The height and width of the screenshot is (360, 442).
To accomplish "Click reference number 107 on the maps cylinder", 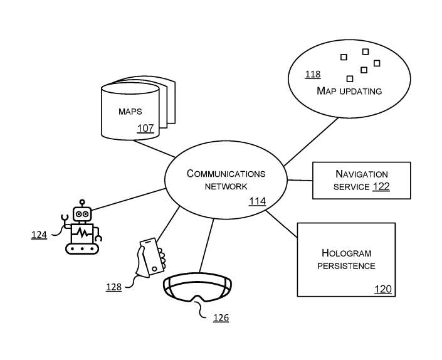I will [145, 129].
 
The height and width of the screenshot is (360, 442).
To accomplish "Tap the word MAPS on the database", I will [130, 112].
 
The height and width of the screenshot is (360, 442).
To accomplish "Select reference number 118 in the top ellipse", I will [313, 75].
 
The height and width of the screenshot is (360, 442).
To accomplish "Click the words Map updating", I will [349, 91].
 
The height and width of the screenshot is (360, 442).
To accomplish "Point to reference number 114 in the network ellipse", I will [257, 201].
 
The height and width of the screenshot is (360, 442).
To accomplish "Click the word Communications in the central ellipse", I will [226, 174].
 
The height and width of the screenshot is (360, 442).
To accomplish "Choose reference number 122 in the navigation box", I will [381, 186].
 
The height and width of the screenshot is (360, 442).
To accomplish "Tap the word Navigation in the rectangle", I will [362, 174].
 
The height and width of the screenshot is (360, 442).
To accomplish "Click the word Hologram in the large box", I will [346, 253].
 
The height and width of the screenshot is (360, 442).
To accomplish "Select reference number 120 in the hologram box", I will [383, 289].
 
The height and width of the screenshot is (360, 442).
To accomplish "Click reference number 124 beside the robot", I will [39, 235].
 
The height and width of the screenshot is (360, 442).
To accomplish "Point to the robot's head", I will [82, 214].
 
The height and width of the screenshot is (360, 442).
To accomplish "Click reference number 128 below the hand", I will [113, 287].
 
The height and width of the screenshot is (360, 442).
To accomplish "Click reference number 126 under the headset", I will [221, 318].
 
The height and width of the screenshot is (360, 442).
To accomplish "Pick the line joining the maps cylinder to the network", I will [156, 148].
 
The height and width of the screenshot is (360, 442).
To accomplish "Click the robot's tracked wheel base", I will [83, 248].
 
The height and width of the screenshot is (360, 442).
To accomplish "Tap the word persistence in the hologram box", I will [346, 266].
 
